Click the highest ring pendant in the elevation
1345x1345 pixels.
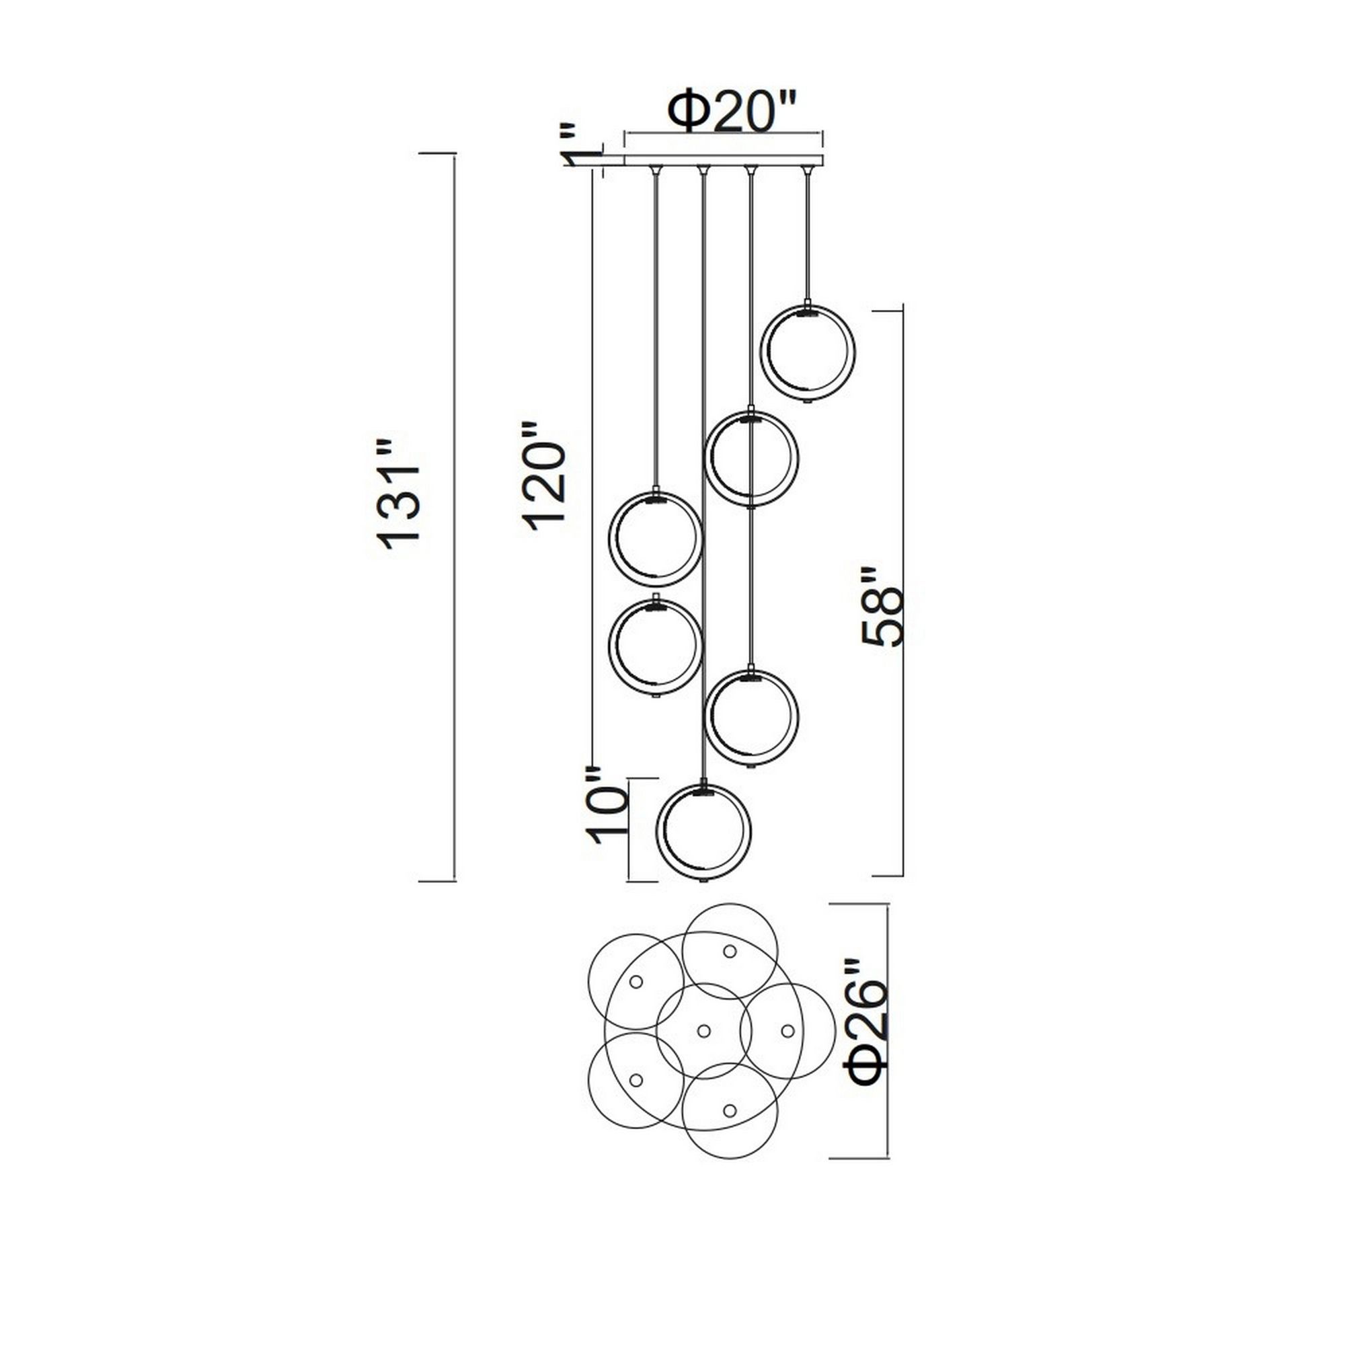point(809,353)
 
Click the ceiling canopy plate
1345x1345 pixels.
point(724,159)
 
